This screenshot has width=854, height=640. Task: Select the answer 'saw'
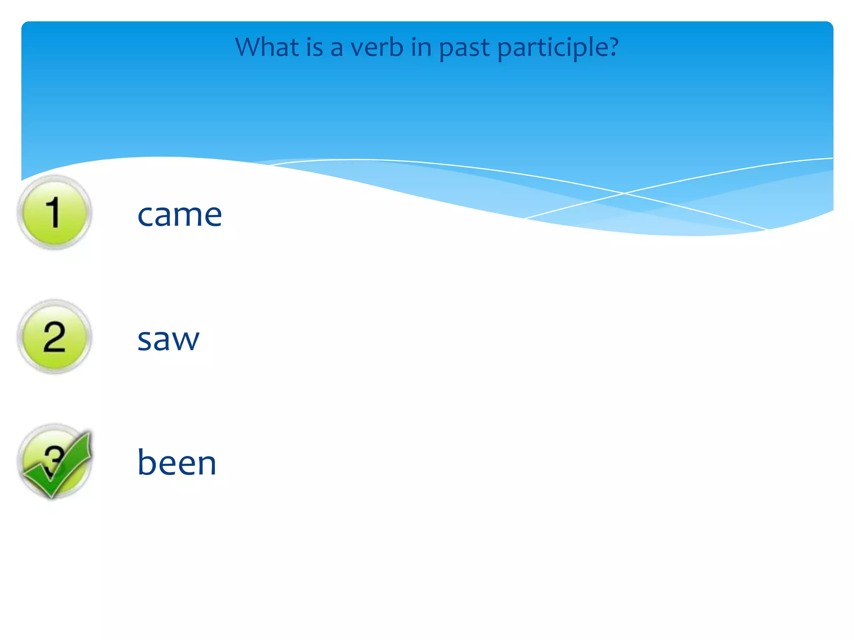(168, 339)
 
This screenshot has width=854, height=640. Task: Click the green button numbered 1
(54, 212)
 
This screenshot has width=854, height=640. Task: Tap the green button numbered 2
(54, 337)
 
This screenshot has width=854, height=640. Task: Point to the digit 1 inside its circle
(53, 212)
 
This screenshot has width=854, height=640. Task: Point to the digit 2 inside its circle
(54, 337)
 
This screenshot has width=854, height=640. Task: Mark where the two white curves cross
(624, 193)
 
